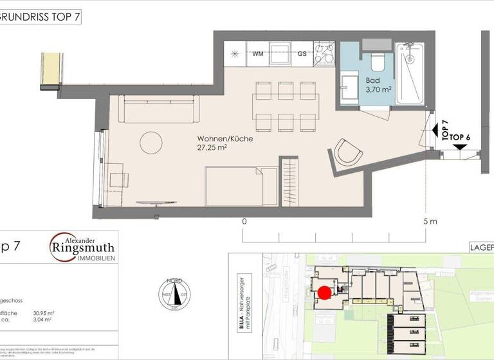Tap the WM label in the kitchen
[x=258, y=53]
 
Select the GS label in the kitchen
[x=302, y=53]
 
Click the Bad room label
[x=372, y=81]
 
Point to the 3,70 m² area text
[x=378, y=90]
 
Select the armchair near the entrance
[x=349, y=153]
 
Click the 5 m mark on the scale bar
[x=430, y=222]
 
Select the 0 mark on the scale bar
[x=244, y=222]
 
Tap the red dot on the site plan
[x=325, y=292]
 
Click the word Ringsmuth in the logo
[x=84, y=248]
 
